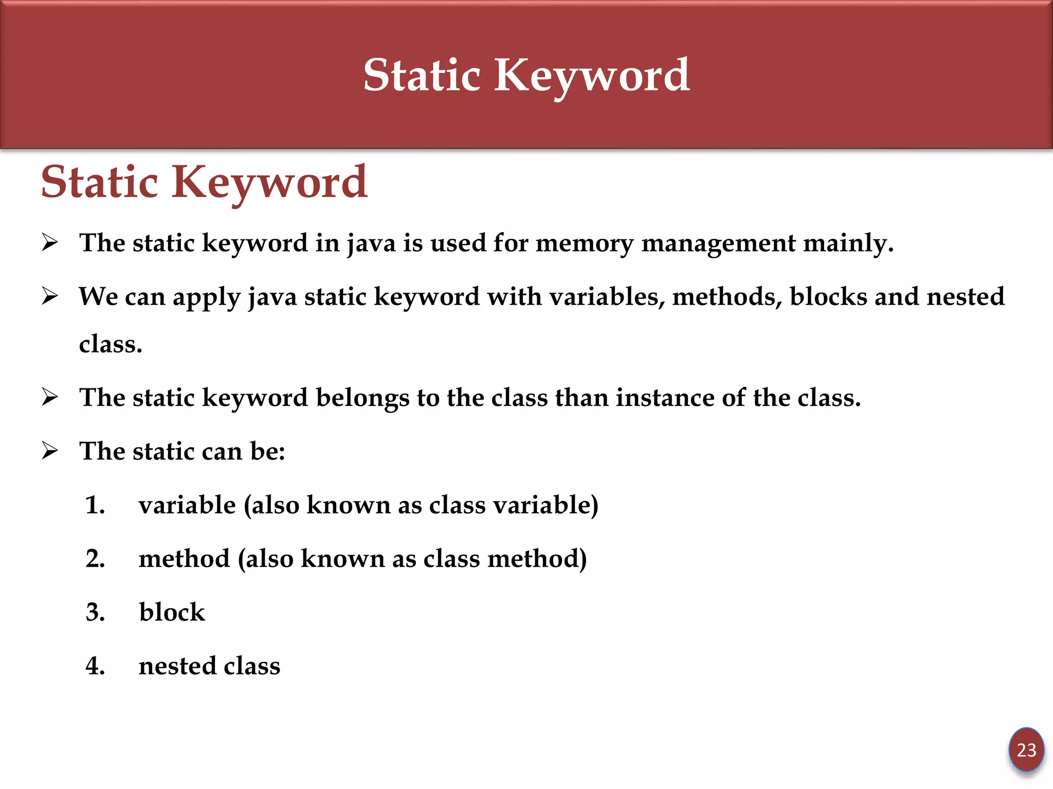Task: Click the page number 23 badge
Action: click(x=1026, y=750)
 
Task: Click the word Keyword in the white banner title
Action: click(x=592, y=76)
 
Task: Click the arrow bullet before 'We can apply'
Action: click(x=50, y=296)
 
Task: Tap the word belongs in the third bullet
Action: click(x=362, y=398)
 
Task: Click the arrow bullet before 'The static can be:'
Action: click(x=50, y=451)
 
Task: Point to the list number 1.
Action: click(x=95, y=505)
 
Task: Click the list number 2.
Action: click(x=95, y=558)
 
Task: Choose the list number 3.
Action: click(x=95, y=612)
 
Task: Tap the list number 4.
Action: click(x=95, y=666)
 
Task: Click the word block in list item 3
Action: click(x=172, y=612)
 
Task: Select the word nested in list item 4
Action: click(x=177, y=666)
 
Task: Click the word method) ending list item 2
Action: click(x=537, y=559)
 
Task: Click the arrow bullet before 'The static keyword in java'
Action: click(x=50, y=242)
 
